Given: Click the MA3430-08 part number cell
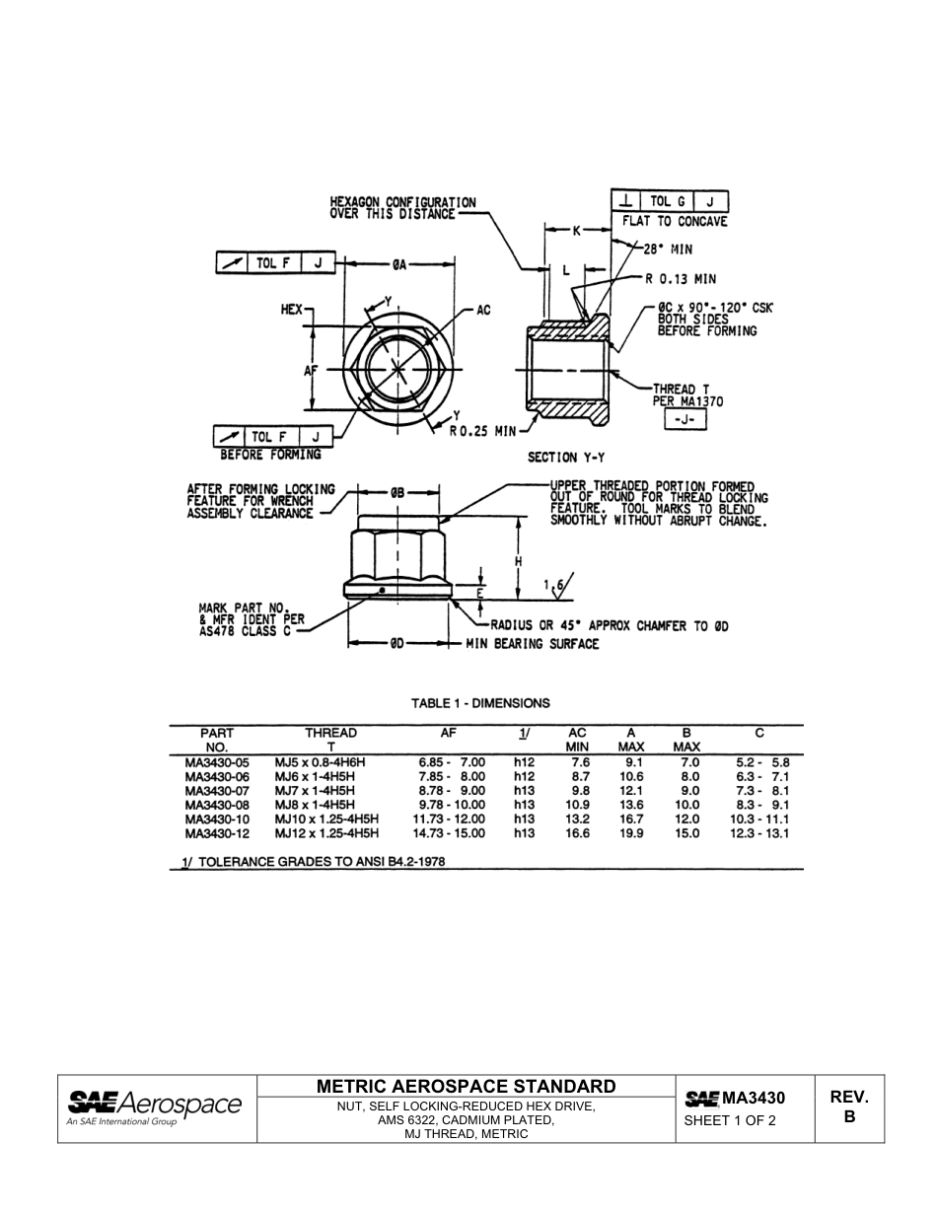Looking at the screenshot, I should [x=217, y=805].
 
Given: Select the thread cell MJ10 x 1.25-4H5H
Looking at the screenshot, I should [x=326, y=820].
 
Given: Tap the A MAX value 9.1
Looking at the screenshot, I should [x=633, y=762].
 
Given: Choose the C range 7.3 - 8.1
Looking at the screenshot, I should [x=762, y=791].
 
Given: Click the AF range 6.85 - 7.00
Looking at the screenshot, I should [x=452, y=762].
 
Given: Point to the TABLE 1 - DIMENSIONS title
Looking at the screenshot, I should [x=480, y=703].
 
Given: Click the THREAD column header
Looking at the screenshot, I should [x=330, y=733].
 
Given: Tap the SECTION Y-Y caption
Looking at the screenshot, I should [x=566, y=458].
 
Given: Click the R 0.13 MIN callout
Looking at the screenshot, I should [x=679, y=279].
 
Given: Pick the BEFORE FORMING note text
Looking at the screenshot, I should [x=270, y=455].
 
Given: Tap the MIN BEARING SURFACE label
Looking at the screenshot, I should [x=533, y=644].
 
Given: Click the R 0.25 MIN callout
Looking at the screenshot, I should [x=483, y=430].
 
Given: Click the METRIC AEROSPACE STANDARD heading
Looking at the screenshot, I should [x=467, y=1086].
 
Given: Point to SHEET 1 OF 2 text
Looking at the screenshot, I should [x=730, y=1120].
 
